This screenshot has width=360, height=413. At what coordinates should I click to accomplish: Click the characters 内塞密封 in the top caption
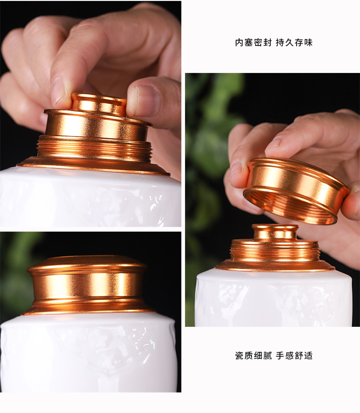253,42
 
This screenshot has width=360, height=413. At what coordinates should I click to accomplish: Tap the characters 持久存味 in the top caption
294,42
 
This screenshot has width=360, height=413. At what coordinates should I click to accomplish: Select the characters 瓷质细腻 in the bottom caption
253,356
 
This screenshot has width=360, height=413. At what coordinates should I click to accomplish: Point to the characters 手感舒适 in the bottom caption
294,356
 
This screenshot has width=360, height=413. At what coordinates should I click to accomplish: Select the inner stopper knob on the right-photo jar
275,232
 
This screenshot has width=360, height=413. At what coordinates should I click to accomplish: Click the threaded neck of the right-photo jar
275,251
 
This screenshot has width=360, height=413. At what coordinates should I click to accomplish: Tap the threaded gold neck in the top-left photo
94,149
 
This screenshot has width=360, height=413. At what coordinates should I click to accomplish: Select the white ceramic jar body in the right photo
273,299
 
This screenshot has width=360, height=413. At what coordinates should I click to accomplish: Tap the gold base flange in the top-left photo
93,166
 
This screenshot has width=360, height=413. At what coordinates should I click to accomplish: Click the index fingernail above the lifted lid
274,144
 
